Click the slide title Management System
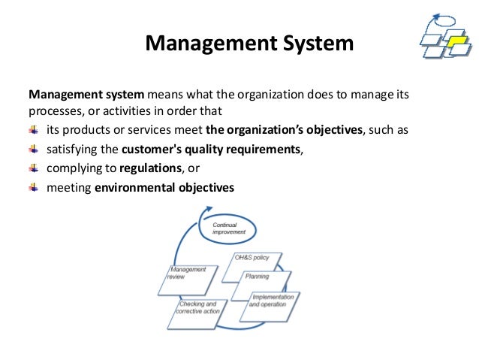[249, 43]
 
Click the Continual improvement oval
[229, 228]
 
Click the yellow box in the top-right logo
[456, 46]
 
